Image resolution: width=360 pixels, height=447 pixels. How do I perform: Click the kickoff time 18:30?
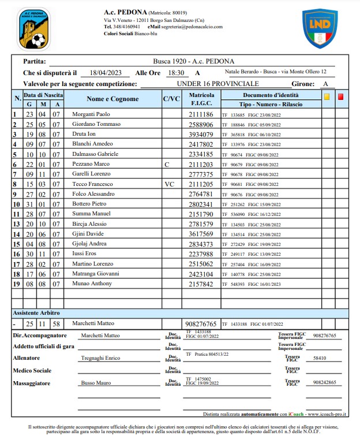tap(175, 73)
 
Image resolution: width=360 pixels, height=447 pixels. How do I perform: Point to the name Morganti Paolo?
tap(91, 114)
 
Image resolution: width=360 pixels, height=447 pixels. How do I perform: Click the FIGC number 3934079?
tap(201, 135)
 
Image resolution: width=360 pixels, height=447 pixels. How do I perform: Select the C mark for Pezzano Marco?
tap(167, 165)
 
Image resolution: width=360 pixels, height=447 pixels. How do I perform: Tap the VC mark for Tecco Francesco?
tap(169, 184)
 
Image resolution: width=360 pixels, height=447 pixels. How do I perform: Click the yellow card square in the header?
tap(327, 97)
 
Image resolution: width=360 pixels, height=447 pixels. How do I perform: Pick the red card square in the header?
tap(340, 97)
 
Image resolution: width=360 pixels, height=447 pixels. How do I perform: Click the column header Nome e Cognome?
tap(112, 99)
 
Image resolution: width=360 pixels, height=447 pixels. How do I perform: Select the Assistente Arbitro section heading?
tap(37, 312)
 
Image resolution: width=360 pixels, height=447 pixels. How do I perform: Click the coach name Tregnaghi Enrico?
tap(101, 358)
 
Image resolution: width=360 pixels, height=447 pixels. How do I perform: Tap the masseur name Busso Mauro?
tap(95, 382)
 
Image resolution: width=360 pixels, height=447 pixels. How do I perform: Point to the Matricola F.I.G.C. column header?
tap(201, 99)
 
